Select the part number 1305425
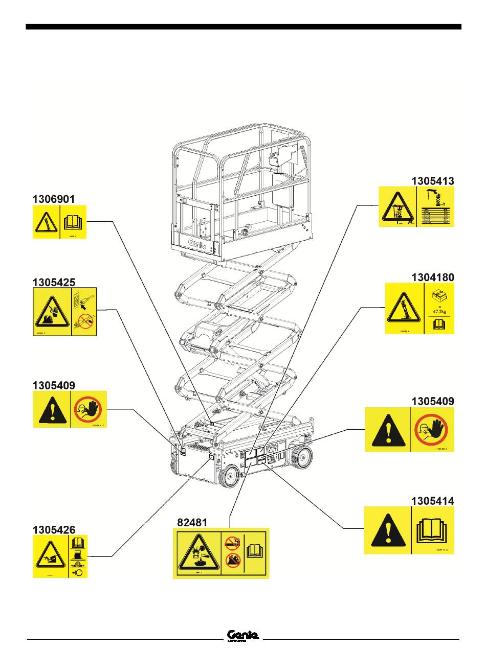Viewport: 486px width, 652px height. [x=54, y=282]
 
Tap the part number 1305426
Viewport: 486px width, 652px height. [x=54, y=529]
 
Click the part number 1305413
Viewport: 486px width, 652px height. [x=433, y=180]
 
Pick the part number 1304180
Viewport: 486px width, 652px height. [x=433, y=277]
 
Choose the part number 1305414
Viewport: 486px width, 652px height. [x=433, y=501]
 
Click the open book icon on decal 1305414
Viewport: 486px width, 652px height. [x=432, y=530]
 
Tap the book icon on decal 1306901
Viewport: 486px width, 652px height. [x=74, y=222]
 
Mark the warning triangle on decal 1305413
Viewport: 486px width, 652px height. [x=397, y=208]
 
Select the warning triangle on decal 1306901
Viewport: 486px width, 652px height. [x=46, y=222]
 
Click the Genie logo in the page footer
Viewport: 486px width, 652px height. [x=243, y=635]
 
